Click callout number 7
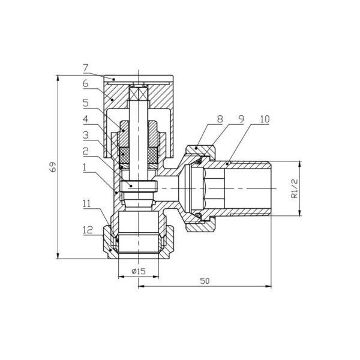pos(86,68)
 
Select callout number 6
pos(86,83)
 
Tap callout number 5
pos(86,103)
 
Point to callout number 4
pos(86,119)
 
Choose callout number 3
pos(86,135)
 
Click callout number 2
pos(86,151)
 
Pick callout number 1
pos(85,167)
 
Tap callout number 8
pos(220,119)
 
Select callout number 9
pos(241,119)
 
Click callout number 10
pos(265,119)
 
